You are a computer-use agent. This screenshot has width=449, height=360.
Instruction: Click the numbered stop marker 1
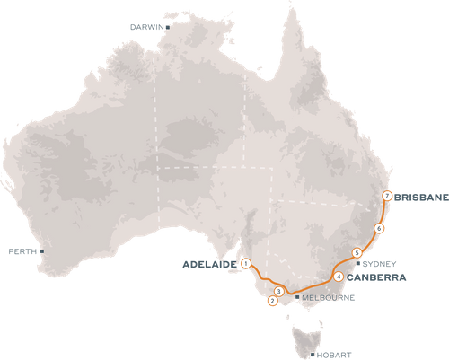(245, 263)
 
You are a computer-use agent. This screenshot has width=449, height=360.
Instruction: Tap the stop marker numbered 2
(271, 301)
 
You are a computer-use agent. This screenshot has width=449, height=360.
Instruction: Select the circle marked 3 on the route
(279, 292)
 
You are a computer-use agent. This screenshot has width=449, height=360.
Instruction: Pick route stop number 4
(337, 277)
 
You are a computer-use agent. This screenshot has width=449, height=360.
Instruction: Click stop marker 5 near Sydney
(357, 253)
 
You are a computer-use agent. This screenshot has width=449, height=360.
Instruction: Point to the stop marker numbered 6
(380, 229)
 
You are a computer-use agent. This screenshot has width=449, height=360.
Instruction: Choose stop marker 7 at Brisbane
(386, 196)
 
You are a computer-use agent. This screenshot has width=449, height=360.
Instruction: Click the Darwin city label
(148, 28)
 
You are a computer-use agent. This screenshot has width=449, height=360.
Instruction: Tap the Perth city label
(20, 250)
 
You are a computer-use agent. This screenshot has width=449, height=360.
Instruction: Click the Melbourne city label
(321, 296)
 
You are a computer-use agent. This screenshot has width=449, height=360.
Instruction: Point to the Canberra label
(368, 278)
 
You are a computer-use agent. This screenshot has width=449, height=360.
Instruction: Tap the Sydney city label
(374, 264)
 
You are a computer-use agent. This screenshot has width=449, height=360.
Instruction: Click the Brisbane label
(420, 196)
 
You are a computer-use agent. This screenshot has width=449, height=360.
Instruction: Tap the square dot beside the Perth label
(40, 251)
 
